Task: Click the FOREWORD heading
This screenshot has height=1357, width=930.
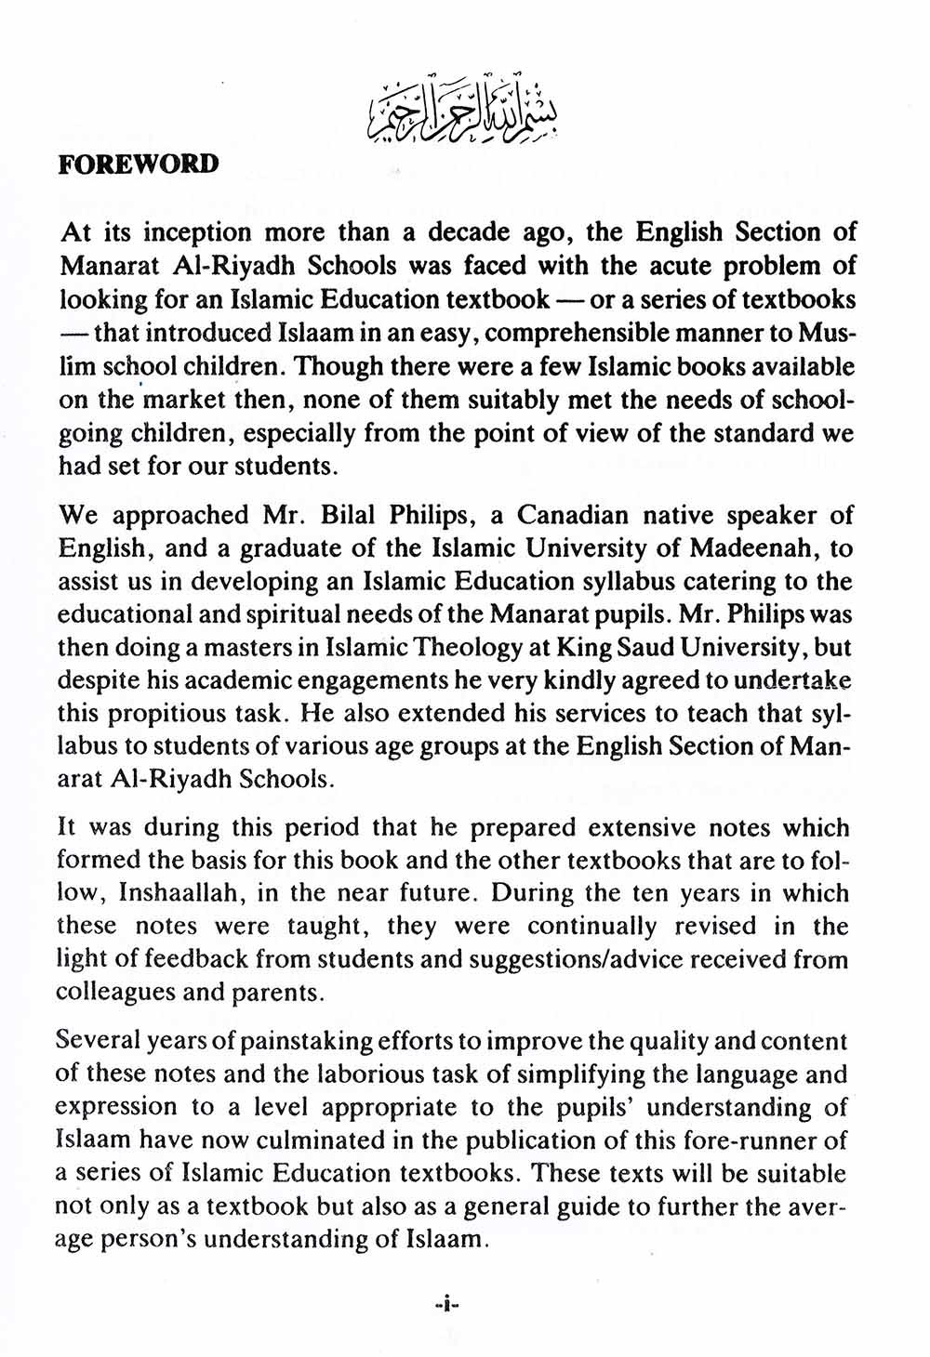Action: (x=139, y=165)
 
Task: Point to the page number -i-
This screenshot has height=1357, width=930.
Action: (x=448, y=1305)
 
